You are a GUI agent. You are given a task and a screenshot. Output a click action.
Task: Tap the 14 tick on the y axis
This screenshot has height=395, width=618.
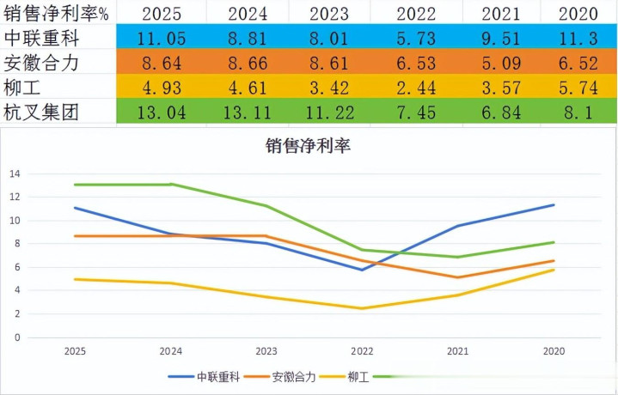14,173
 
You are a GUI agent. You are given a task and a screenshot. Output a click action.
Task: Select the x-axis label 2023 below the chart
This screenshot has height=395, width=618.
266,350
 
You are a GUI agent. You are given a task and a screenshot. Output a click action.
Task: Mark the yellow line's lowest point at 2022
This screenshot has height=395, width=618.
363,308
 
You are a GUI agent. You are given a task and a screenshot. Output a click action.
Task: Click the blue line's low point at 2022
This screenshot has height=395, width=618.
363,270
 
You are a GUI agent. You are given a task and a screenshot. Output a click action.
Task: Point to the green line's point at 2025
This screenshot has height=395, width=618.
75,185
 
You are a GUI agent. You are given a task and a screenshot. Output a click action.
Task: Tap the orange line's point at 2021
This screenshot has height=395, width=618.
458,277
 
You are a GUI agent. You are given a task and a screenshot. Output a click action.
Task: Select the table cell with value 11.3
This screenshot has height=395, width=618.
578,37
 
